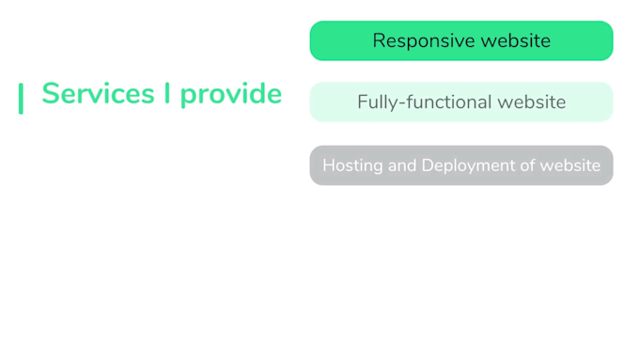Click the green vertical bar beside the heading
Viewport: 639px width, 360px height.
click(x=21, y=98)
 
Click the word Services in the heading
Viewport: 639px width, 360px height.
click(x=98, y=94)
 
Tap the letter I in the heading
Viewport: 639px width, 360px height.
click(x=167, y=94)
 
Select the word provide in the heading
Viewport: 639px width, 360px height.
click(x=231, y=95)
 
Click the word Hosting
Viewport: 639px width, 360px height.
click(x=352, y=165)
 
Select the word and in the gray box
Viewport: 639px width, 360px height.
click(x=402, y=165)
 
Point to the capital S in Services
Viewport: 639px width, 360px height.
click(x=51, y=94)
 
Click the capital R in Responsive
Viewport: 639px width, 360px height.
click(x=379, y=41)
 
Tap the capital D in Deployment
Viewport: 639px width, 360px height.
click(x=428, y=165)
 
